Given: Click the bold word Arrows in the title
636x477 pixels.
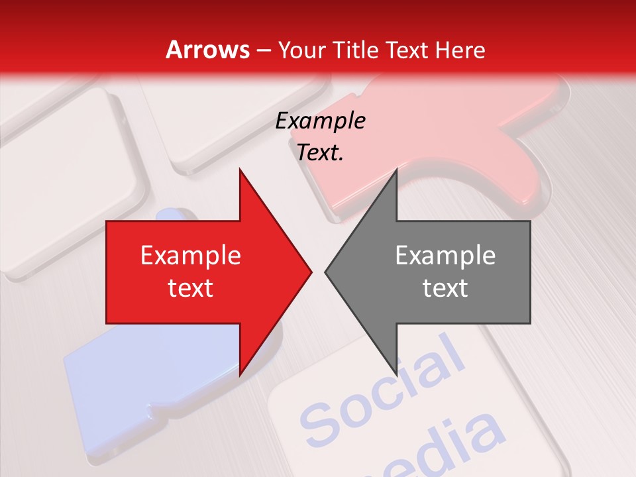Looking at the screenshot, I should point(208,50).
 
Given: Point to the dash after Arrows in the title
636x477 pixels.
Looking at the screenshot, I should point(264,50).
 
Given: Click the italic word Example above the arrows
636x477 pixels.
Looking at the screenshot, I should point(321,121).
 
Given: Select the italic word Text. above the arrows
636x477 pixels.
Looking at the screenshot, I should point(321,153).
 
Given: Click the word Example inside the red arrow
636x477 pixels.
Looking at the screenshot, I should point(190,256).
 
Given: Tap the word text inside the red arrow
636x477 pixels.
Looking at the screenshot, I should point(190,288).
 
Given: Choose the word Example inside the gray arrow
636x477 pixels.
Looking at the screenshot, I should point(445,256).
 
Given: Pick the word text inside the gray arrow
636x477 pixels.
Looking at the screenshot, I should point(445,288).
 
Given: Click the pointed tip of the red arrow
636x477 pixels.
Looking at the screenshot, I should point(311,272).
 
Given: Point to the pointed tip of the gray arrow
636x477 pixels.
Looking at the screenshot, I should point(326,272).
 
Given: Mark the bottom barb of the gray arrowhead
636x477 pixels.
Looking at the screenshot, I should point(396,372).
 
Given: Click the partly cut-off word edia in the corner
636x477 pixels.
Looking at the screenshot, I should point(457,444).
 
